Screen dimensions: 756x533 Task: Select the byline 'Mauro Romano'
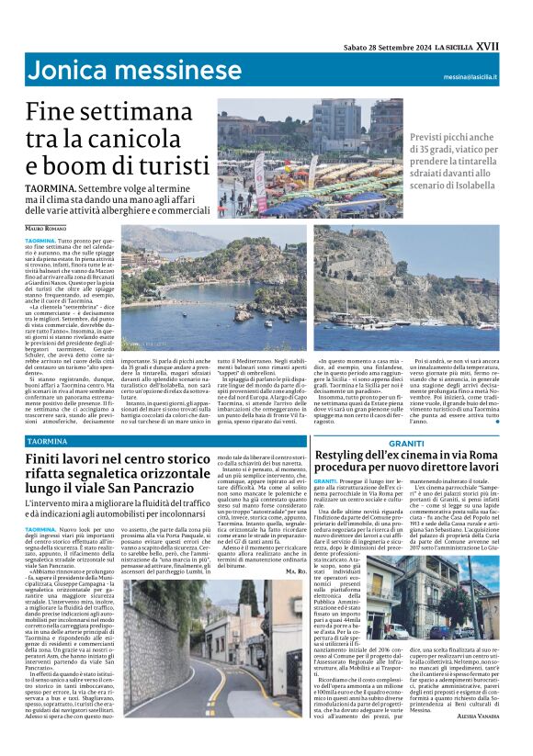coord(50,227)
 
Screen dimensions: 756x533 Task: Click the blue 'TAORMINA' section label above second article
coord(48,441)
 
